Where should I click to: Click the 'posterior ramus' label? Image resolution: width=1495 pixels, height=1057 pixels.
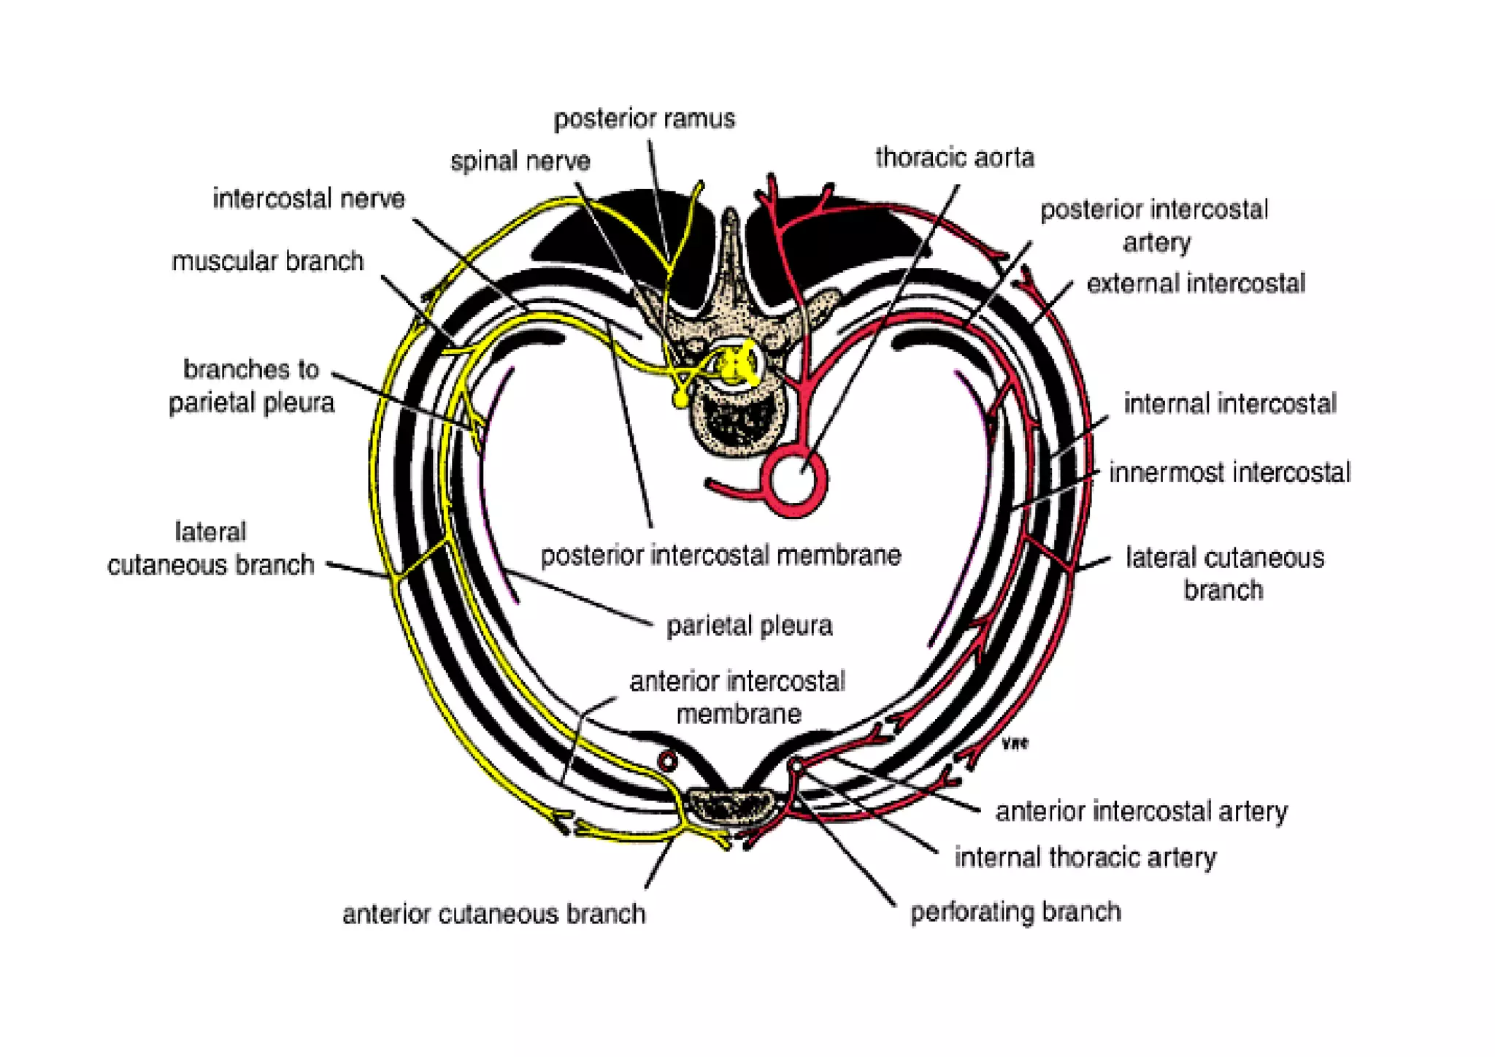point(644,119)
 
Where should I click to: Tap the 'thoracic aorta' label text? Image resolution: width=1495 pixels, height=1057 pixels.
point(954,158)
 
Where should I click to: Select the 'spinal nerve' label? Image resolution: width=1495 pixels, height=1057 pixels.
point(520,161)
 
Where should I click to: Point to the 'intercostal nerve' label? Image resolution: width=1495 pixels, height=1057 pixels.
point(308,199)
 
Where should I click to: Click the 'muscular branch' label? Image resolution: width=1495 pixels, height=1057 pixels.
point(267,261)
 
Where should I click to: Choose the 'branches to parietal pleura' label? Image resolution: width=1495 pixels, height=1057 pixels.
point(251,386)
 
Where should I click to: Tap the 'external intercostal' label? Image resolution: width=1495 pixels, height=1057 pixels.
point(1195,283)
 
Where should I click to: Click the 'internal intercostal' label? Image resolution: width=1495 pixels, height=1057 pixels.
point(1229,404)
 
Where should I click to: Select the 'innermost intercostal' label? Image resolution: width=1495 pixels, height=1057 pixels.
point(1229,472)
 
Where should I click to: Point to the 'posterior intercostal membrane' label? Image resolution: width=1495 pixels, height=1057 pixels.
point(720,556)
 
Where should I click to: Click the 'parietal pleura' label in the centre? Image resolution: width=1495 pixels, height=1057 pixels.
point(749,626)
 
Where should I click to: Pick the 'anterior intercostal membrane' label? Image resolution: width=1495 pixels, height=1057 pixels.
point(737,697)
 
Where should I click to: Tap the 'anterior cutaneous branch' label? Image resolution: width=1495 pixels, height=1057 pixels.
point(493,914)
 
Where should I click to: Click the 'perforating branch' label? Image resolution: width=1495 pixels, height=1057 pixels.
point(1015,912)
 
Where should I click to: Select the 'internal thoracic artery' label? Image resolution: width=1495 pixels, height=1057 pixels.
point(1085,858)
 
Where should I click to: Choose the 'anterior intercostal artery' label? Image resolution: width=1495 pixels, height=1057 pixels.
point(1141,811)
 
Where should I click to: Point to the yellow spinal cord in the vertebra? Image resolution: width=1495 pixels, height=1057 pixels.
point(734,364)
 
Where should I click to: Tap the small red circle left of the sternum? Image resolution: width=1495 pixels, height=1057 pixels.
point(667,761)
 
